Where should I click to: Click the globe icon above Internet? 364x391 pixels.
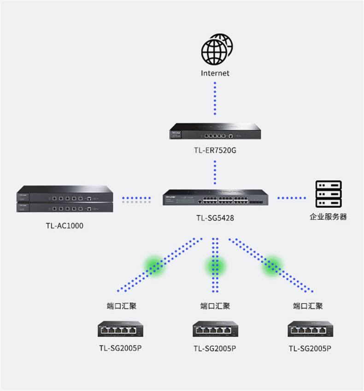pyautogui.click(x=217, y=49)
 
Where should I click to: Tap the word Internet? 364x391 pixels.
pyautogui.click(x=215, y=73)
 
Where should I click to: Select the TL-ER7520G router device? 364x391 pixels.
pyautogui.click(x=215, y=131)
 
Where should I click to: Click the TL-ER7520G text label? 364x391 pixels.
pyautogui.click(x=215, y=150)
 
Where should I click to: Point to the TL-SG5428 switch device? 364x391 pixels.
pyautogui.click(x=216, y=197)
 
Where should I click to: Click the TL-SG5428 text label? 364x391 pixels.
pyautogui.click(x=215, y=218)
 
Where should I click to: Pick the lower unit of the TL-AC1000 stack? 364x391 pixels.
pyautogui.click(x=65, y=207)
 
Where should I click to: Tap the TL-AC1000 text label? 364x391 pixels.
pyautogui.click(x=65, y=225)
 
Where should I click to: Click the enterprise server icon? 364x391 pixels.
pyautogui.click(x=329, y=194)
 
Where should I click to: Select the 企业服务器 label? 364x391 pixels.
pyautogui.click(x=328, y=217)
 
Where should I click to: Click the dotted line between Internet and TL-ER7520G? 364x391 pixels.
pyautogui.click(x=215, y=99)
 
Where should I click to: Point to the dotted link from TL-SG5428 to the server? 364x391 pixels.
pyautogui.click(x=292, y=198)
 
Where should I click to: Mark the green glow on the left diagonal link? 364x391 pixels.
pyautogui.click(x=154, y=266)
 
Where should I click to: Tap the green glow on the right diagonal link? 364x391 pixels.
pyautogui.click(x=272, y=266)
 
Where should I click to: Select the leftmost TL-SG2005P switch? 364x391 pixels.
pyautogui.click(x=120, y=329)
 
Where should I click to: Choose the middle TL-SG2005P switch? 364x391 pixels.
pyautogui.click(x=215, y=329)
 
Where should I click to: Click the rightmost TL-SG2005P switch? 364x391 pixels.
pyautogui.click(x=311, y=329)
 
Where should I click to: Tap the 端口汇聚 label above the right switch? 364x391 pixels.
pyautogui.click(x=308, y=306)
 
